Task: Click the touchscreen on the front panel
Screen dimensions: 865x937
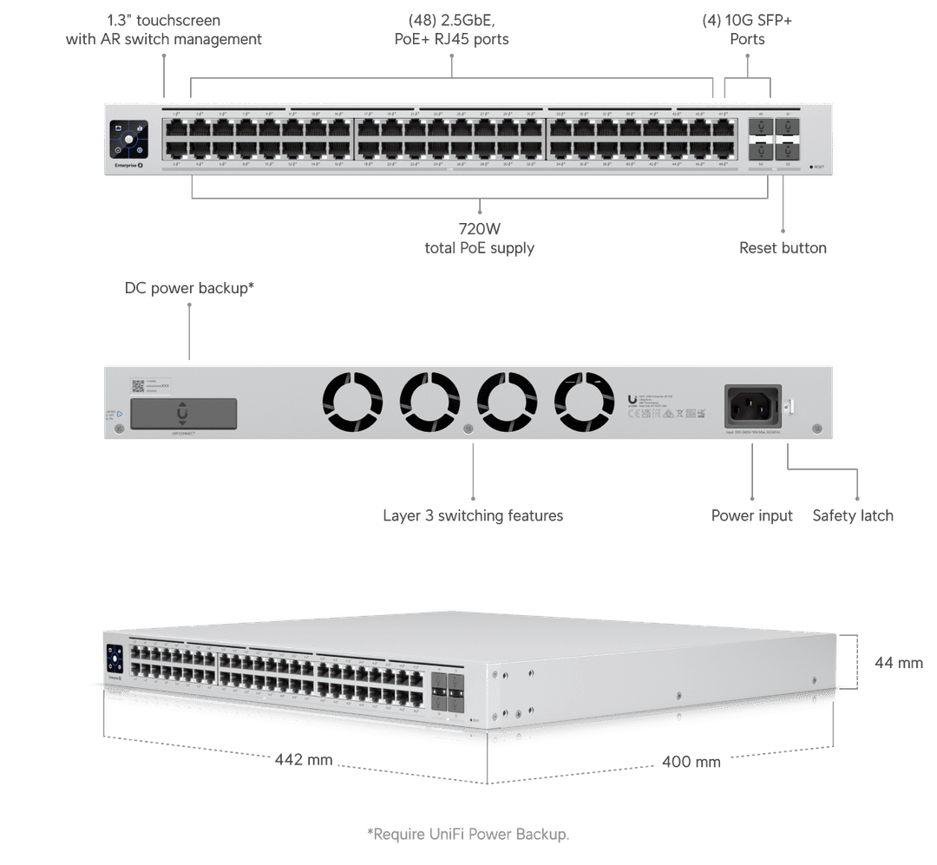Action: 128,139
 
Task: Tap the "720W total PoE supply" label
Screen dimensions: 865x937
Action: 479,239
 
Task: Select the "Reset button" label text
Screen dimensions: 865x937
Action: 783,248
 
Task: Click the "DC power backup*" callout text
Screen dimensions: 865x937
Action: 190,288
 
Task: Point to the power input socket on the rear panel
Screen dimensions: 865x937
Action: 752,405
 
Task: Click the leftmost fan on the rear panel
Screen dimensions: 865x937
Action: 352,403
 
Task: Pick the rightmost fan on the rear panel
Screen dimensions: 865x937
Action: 584,403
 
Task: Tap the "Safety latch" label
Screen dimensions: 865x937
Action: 853,516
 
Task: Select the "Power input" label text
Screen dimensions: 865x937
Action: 751,516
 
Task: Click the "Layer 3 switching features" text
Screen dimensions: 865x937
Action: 473,516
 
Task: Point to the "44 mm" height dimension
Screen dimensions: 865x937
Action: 897,663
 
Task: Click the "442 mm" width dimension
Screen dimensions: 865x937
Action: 304,760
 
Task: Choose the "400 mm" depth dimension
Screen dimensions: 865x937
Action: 691,762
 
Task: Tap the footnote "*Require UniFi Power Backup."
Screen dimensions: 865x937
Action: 468,835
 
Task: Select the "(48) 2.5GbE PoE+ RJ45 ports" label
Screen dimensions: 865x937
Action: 451,29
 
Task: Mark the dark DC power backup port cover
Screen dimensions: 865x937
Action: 182,413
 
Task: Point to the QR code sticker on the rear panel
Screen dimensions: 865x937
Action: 137,384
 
